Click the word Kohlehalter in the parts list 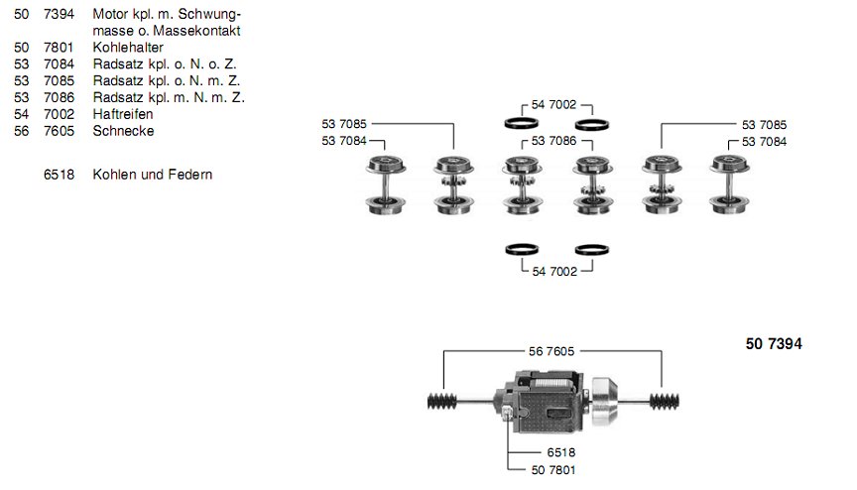[128, 47]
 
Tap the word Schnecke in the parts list [123, 131]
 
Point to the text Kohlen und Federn [153, 175]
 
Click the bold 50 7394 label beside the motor [773, 344]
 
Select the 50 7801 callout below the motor [553, 468]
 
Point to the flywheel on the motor [605, 399]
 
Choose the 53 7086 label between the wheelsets [554, 142]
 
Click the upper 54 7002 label [554, 104]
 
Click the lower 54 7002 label [554, 271]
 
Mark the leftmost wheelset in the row [382, 184]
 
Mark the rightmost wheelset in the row [728, 184]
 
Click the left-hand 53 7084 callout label [344, 142]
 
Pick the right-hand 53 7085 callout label [764, 125]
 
